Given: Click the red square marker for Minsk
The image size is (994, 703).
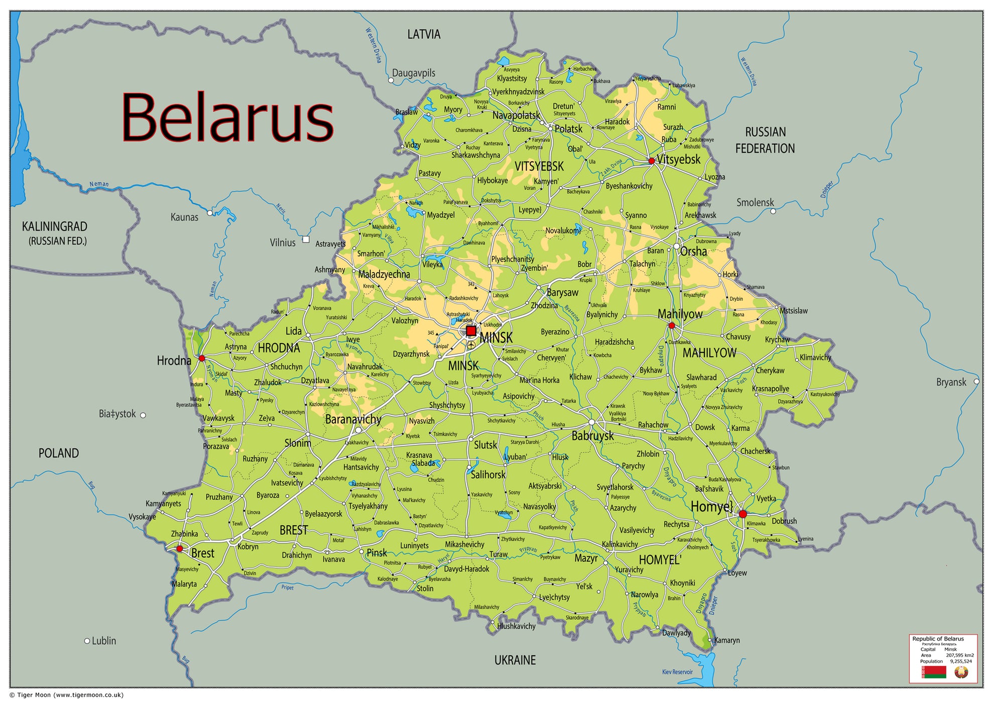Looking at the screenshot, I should [471, 331].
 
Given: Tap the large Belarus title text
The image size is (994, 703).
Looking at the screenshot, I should [227, 118].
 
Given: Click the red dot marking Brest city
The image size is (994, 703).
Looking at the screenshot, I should [180, 548].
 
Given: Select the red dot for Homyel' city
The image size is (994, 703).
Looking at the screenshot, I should [743, 514].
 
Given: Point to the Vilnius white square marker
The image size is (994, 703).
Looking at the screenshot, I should [306, 240].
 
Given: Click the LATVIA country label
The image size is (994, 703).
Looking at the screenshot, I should [424, 34].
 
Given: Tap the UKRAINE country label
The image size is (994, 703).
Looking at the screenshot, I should [515, 660].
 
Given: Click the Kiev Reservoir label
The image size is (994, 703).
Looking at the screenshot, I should [677, 672].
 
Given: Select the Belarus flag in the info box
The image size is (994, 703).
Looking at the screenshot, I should [934, 672].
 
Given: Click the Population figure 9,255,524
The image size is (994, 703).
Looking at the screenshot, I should [960, 661].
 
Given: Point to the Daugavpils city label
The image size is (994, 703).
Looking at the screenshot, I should [414, 73].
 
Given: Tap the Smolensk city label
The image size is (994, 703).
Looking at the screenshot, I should [755, 202].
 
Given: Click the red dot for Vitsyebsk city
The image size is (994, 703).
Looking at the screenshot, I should [652, 161].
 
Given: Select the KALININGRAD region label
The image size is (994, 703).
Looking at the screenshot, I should [55, 226].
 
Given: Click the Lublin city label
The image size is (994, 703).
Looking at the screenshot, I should [104, 641].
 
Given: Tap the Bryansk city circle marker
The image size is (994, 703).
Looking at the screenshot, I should [976, 382].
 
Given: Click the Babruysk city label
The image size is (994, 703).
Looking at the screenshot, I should [593, 435].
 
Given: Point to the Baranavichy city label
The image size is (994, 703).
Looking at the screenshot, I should [353, 419].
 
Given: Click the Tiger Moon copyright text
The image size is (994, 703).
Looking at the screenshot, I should [67, 695].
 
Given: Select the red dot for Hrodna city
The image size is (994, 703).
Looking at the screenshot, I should [202, 358].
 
